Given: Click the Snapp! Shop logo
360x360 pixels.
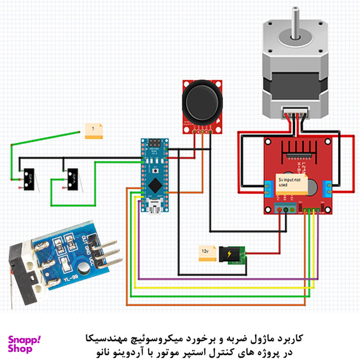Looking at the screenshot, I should [24, 344].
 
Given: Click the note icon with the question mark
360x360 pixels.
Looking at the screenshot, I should [94, 131].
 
